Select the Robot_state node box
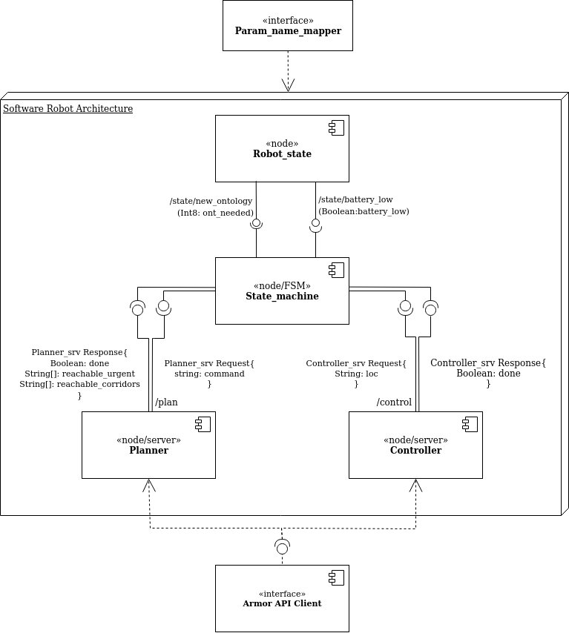pos(282,148)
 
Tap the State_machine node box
pos(282,291)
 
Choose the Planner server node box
pos(148,445)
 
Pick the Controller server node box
pos(415,445)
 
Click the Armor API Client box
pos(282,598)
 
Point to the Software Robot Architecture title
pos(68,109)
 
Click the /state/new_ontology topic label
pos(211,201)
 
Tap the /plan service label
pos(166,402)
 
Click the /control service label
pos(394,402)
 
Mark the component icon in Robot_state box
pos(335,129)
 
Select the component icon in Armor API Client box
pos(335,578)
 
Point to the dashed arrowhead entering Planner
pos(150,485)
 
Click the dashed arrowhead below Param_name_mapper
pos(288,85)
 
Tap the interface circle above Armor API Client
pos(282,549)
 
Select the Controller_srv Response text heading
pos(488,362)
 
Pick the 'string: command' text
pos(209,374)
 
